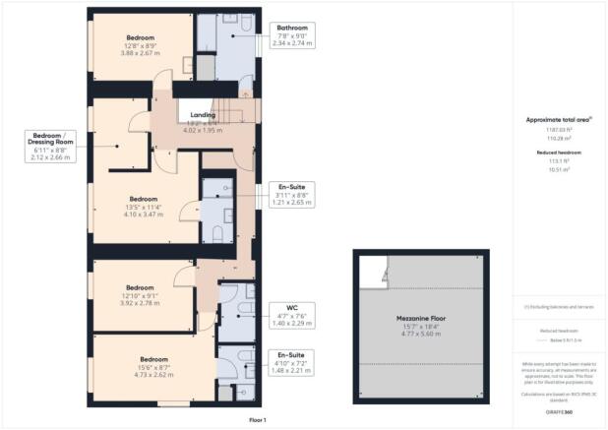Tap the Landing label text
click(202, 114)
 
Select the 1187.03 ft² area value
click(558, 130)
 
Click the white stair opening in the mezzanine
click(372, 270)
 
